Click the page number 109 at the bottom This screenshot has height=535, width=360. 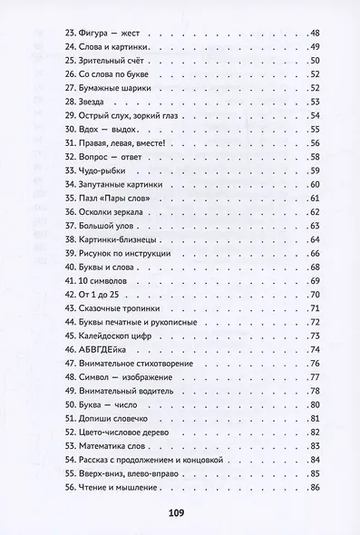pyautogui.click(x=177, y=512)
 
